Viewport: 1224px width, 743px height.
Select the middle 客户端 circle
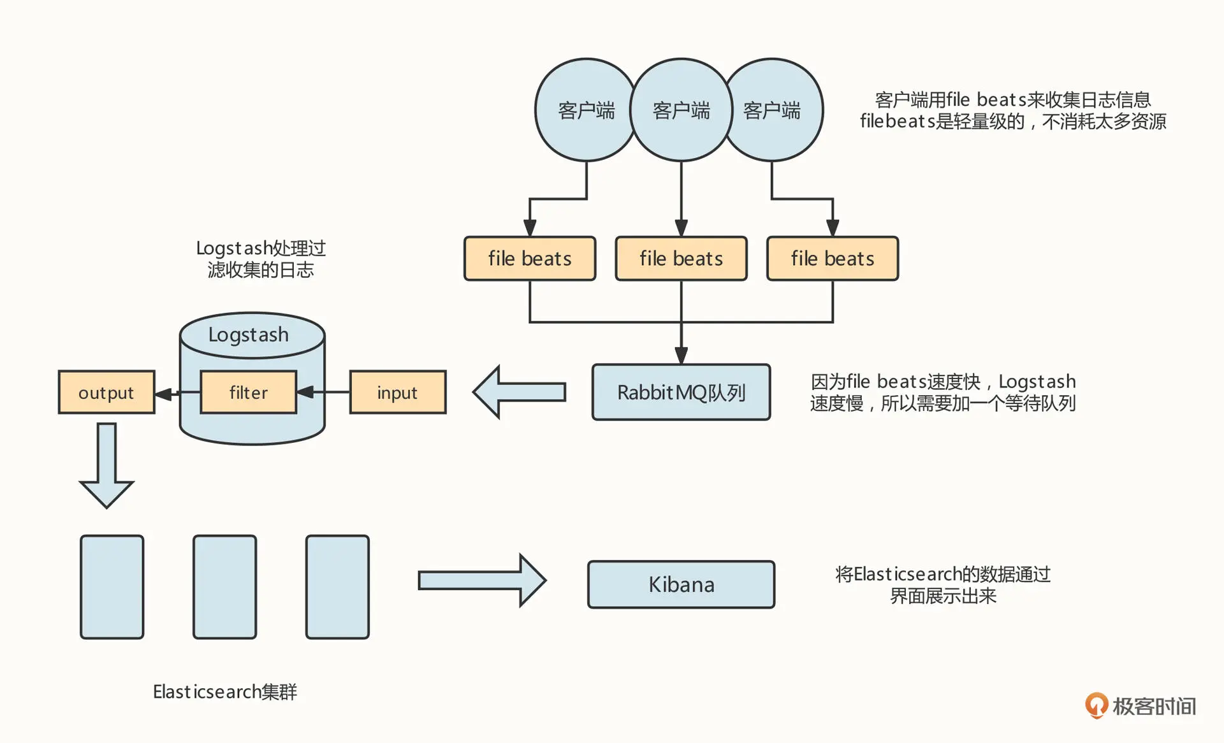pos(681,110)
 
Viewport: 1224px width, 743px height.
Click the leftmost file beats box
pos(530,259)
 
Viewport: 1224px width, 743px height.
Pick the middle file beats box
pos(681,259)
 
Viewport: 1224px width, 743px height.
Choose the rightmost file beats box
pos(833,259)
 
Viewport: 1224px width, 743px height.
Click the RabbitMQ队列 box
pos(681,393)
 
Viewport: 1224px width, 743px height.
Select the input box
pos(398,393)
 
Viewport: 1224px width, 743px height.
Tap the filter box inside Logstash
pos(248,393)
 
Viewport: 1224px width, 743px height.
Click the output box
pos(106,393)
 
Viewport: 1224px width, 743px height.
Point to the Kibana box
pos(681,584)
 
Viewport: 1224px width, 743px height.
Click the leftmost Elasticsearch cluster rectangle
pos(112,587)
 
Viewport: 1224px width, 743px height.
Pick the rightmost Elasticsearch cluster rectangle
pos(337,587)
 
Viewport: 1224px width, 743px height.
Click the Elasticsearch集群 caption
pos(225,691)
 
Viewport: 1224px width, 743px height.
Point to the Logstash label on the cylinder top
pos(249,335)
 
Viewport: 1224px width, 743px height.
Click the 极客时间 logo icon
pos(1096,705)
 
